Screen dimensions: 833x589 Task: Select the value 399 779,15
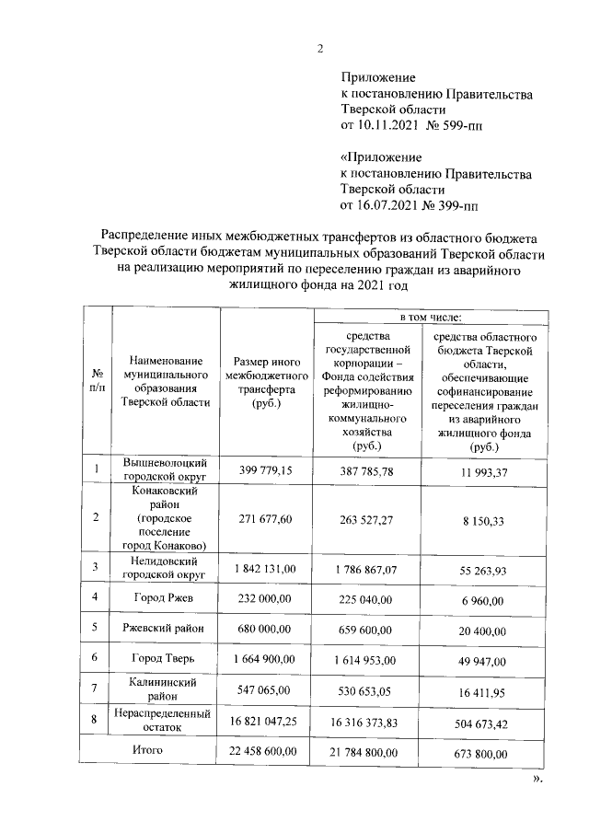[266, 470]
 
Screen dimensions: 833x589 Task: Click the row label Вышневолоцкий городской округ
[165, 470]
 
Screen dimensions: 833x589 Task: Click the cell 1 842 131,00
[266, 569]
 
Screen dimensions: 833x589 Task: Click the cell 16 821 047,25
[266, 723]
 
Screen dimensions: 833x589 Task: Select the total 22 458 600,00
[266, 753]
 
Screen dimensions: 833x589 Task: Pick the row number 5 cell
[96, 630]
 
